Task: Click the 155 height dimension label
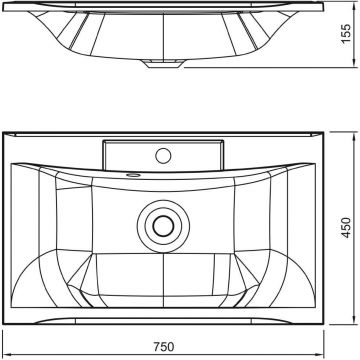point(347,33)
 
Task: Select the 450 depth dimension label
point(347,228)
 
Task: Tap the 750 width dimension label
point(164,347)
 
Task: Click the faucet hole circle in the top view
point(163,156)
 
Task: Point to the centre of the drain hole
point(163,226)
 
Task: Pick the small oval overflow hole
point(134,174)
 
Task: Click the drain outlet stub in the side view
point(163,64)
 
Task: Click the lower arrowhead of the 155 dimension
point(353,64)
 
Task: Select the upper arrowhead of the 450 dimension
point(353,135)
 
